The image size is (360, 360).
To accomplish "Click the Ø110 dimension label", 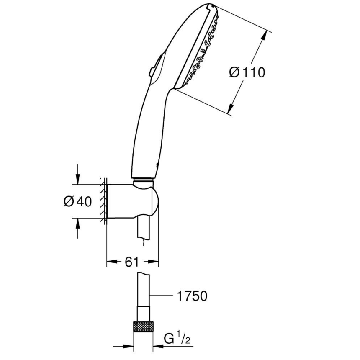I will coord(247,72).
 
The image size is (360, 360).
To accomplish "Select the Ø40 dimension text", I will coord(77,201).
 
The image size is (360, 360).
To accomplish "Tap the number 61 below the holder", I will coord(132,262).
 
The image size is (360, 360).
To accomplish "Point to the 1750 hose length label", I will coord(190,296).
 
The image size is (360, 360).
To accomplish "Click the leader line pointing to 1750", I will coord(161,296).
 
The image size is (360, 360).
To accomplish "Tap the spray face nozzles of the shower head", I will coord(199,50).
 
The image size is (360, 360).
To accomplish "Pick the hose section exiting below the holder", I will coord(142,228).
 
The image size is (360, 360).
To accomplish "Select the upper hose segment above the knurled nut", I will coord(142,293).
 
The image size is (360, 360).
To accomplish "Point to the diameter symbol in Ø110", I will coord(234,72).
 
